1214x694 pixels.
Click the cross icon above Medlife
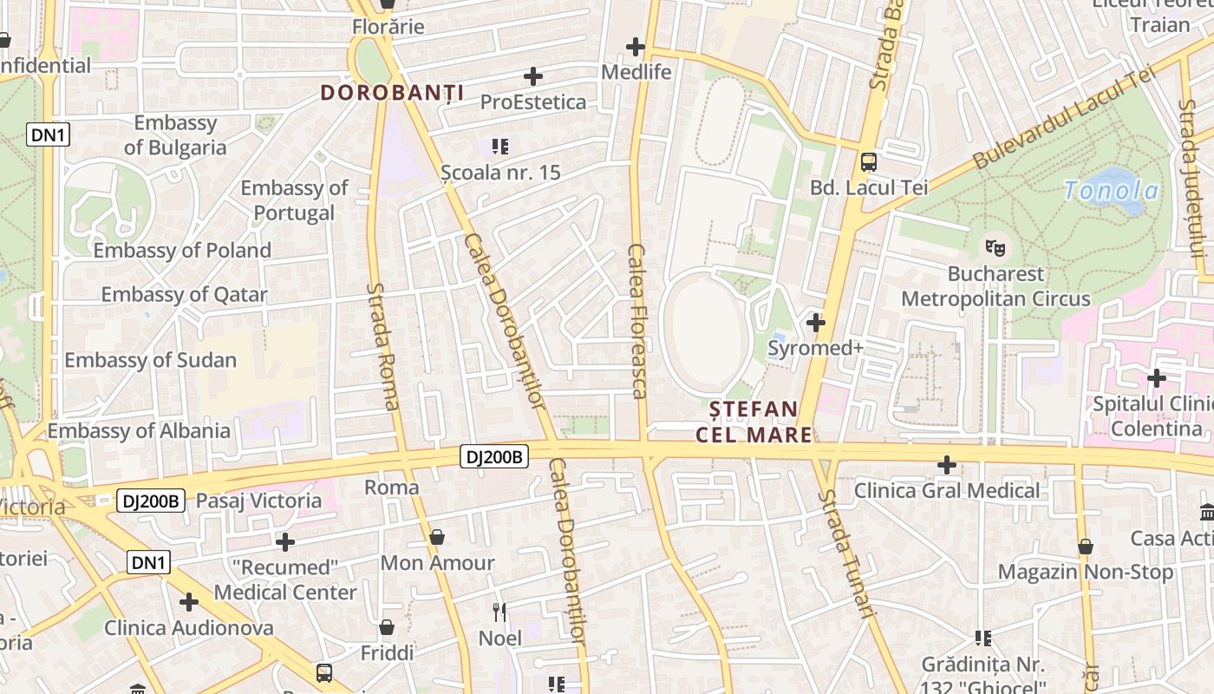coord(636,47)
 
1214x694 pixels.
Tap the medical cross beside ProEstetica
coord(533,76)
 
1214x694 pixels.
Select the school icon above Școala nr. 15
coord(499,146)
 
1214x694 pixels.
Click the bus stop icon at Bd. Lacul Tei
coord(868,162)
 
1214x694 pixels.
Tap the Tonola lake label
coord(1111,191)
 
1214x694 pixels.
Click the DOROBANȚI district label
coord(392,93)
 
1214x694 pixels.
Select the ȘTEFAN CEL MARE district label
coord(754,421)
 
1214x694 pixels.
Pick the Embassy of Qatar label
coord(184,294)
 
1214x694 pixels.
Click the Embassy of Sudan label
coord(150,360)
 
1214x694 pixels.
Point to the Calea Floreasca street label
coord(637,321)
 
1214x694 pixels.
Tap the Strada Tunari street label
coord(845,553)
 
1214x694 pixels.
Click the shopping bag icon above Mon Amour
coord(437,538)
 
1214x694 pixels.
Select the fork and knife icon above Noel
coord(499,612)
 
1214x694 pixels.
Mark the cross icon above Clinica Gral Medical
coord(947,465)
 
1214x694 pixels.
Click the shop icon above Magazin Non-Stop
coord(1086,547)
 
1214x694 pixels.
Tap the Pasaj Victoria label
coord(258,501)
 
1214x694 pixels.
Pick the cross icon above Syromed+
coord(815,323)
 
